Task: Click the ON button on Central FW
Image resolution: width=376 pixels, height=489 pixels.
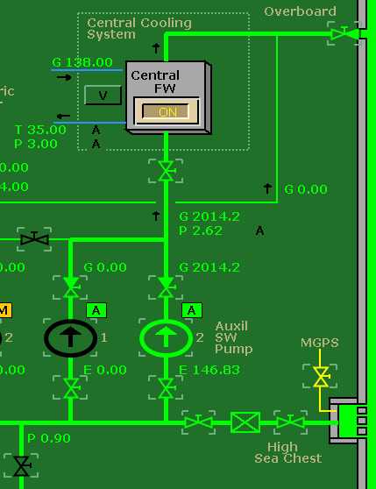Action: tap(167, 111)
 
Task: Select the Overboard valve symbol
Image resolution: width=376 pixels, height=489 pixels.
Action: tap(341, 34)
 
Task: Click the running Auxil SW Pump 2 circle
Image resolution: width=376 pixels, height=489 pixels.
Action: tap(166, 337)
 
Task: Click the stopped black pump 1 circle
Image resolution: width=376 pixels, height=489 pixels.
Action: tap(71, 337)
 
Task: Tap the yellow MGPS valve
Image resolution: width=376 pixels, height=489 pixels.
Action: tap(321, 376)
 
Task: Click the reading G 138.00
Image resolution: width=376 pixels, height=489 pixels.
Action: tap(82, 62)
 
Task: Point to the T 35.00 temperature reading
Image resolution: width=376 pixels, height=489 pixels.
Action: tap(40, 130)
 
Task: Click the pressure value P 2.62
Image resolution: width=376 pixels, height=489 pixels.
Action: tap(201, 230)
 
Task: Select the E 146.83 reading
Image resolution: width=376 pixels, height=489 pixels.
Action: tap(209, 370)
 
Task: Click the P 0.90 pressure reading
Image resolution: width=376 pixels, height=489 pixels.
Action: tap(48, 438)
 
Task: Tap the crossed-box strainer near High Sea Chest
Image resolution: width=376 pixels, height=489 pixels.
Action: tap(245, 422)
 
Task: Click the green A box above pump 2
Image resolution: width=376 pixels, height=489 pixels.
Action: tap(192, 310)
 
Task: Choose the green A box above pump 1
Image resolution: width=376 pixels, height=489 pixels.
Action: tap(96, 310)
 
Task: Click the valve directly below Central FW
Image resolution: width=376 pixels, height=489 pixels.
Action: tap(166, 170)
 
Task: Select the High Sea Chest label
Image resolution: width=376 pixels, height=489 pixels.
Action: tap(287, 451)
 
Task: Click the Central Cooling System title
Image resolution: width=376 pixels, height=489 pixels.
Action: tap(124, 28)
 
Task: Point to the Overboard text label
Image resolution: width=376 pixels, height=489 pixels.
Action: tap(300, 11)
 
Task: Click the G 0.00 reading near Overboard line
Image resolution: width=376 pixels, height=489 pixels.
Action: tap(306, 189)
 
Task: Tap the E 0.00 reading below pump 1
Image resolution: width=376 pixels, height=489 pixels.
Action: tap(106, 370)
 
